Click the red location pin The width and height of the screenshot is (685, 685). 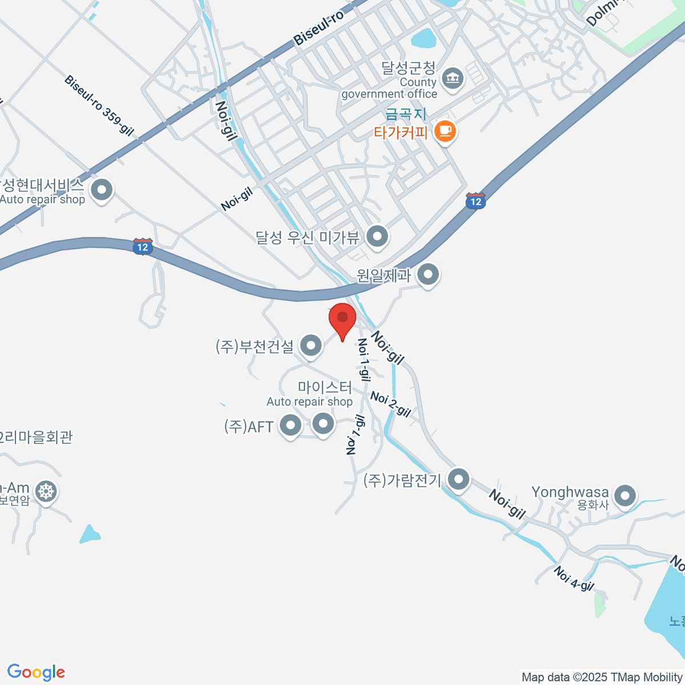pos(342,319)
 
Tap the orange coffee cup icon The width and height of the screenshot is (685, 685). pos(445,132)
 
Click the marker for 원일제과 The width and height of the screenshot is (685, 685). pos(428,275)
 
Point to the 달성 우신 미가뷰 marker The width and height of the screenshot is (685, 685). pos(377,236)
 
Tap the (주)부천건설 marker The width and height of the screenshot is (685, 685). pos(311,345)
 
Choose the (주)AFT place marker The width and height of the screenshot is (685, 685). pos(291,425)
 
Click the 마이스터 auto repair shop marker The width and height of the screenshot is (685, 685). pos(324,424)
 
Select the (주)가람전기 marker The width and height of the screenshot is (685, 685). pos(458,479)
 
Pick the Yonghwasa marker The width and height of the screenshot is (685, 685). pos(626,495)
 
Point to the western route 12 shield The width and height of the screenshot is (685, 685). pos(143,247)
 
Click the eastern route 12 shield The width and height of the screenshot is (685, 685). pos(476,200)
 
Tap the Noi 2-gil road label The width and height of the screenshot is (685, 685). pos(390,404)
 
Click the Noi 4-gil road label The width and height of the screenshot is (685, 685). pos(574,578)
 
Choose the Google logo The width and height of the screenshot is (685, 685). pos(36,672)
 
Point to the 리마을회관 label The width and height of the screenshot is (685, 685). pos(37,437)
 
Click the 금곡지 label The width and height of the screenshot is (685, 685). pos(406,115)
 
